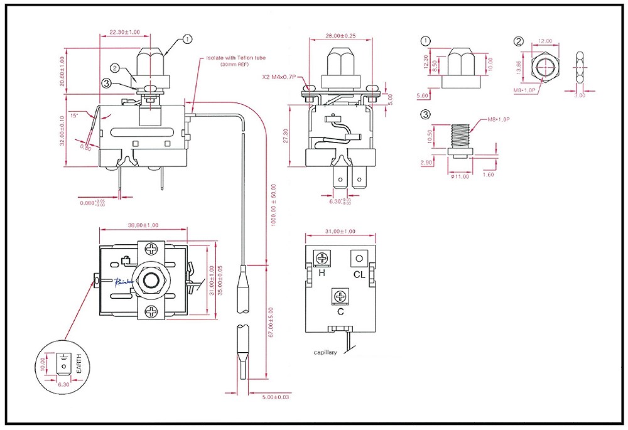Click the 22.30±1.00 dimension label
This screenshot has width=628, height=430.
pyautogui.click(x=124, y=32)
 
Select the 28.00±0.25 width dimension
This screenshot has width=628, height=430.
pyautogui.click(x=340, y=36)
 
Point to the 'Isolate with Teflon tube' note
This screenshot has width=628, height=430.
pyautogui.click(x=236, y=58)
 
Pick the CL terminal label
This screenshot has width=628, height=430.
pyautogui.click(x=359, y=274)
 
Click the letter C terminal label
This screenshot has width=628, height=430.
pyautogui.click(x=340, y=311)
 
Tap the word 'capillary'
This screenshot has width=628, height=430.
pyautogui.click(x=325, y=352)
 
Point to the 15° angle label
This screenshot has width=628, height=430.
pyautogui.click(x=74, y=115)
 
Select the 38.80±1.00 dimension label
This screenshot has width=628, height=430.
pyautogui.click(x=143, y=225)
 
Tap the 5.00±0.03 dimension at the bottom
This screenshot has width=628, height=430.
pyautogui.click(x=276, y=397)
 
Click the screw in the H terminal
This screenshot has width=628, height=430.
pyautogui.click(x=323, y=258)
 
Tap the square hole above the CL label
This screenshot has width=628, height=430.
pyautogui.click(x=359, y=257)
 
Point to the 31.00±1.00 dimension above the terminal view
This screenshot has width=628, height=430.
pyautogui.click(x=340, y=232)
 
